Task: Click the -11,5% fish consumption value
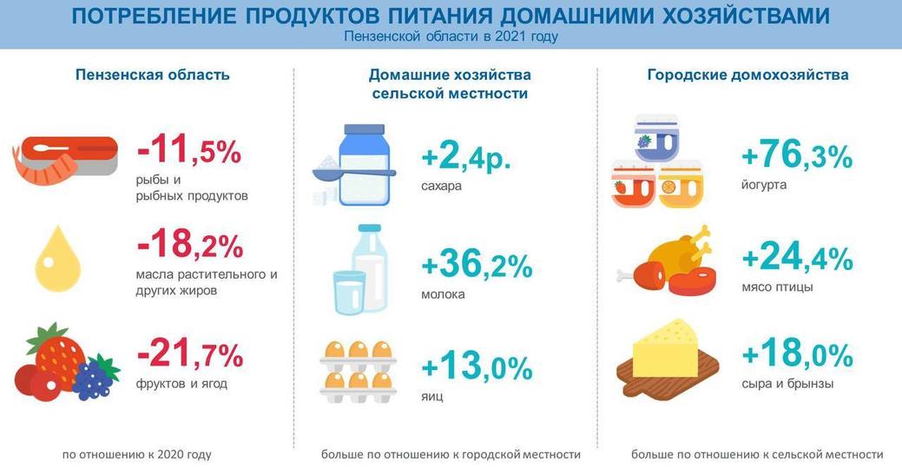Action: click(x=188, y=151)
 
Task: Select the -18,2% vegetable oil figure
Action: click(x=190, y=245)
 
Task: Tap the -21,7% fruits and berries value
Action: click(x=190, y=353)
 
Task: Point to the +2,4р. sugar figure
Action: click(x=466, y=156)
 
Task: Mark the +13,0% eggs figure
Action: click(x=477, y=366)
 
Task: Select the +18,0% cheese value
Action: click(x=797, y=353)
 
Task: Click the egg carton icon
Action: click(x=358, y=372)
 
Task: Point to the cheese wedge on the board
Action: click(x=665, y=349)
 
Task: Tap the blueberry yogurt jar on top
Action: click(x=656, y=138)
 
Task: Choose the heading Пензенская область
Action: click(x=153, y=75)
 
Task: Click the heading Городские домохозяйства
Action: click(x=747, y=75)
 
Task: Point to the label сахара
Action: click(x=441, y=187)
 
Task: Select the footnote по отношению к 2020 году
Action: click(x=137, y=454)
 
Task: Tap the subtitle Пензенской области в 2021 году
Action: click(x=451, y=36)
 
